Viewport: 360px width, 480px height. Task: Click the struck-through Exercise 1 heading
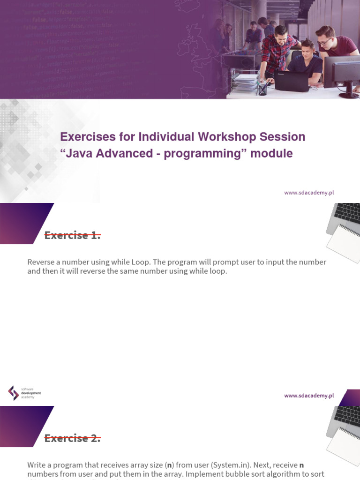72,236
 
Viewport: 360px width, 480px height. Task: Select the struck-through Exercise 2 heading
72,439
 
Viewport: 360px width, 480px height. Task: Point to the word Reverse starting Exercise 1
42,262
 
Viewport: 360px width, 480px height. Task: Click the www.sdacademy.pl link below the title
308,192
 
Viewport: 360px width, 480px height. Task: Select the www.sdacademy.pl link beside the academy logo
308,396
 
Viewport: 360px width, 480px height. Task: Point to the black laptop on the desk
292,81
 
